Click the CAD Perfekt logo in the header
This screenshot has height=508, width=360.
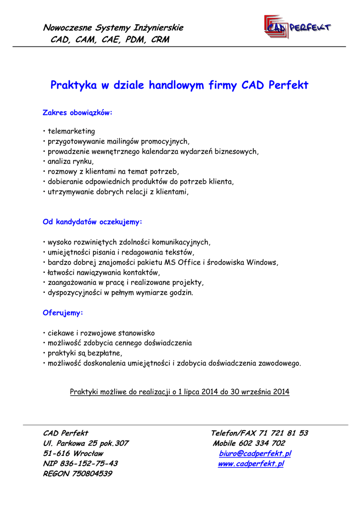pyautogui.click(x=297, y=27)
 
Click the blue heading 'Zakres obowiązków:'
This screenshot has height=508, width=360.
pyautogui.click(x=78, y=113)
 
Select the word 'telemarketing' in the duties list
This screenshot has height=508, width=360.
pyautogui.click(x=71, y=131)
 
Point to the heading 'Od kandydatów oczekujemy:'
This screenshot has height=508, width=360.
pyautogui.click(x=93, y=222)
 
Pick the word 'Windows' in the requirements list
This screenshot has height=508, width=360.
pyautogui.click(x=262, y=262)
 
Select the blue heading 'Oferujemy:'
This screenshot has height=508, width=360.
pyautogui.click(x=63, y=313)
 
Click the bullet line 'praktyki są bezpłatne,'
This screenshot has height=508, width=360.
pyautogui.click(x=82, y=353)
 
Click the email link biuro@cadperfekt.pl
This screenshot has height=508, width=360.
pyautogui.click(x=255, y=453)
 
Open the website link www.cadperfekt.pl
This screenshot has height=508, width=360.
pyautogui.click(x=251, y=464)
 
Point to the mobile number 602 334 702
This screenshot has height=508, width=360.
pyautogui.click(x=266, y=444)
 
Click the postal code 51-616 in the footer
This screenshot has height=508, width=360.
pyautogui.click(x=56, y=453)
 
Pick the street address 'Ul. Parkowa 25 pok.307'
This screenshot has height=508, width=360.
pyautogui.click(x=86, y=444)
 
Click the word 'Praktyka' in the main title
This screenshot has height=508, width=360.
pyautogui.click(x=73, y=85)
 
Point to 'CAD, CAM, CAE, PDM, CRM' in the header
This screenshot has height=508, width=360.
pyautogui.click(x=110, y=39)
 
